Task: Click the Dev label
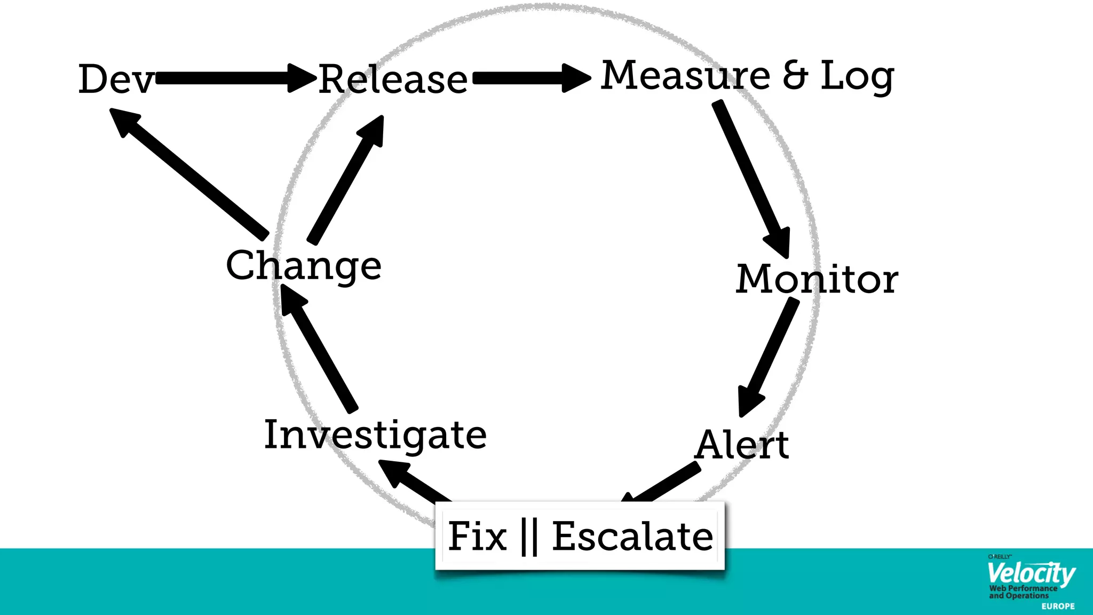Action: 116,79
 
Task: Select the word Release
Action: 393,80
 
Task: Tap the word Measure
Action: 685,75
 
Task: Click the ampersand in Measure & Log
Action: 795,75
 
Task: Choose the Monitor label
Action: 817,279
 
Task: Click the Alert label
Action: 742,445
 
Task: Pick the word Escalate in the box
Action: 632,537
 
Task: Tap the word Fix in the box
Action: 477,537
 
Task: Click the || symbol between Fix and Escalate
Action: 529,537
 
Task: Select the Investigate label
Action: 375,435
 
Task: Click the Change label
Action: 304,265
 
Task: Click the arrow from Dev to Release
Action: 235,78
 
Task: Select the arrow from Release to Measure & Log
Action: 531,78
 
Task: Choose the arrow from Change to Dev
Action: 189,174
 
